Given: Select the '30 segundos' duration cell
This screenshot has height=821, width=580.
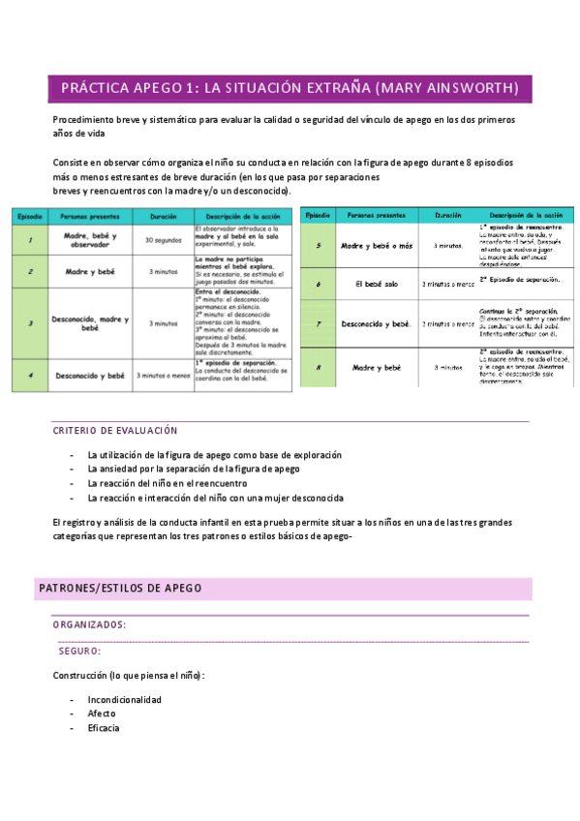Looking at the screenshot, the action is [163, 239].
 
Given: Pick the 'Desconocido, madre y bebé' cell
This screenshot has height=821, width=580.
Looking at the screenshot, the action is [90, 323].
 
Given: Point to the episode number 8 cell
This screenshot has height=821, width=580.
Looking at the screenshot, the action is [319, 368].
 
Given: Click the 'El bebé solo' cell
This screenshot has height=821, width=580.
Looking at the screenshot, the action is [377, 284].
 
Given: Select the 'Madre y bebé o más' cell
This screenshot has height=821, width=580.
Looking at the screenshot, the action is [377, 246].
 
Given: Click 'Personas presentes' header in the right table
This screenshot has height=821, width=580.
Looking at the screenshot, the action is [377, 214].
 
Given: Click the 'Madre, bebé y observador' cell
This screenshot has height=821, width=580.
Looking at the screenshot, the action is [90, 239].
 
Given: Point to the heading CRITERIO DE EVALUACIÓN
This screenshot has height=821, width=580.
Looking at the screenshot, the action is [115, 430].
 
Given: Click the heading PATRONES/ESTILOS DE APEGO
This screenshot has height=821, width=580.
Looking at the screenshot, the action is [119, 588].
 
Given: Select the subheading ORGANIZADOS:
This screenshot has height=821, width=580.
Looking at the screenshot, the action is [89, 625].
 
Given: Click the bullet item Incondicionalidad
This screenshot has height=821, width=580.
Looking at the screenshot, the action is [124, 699].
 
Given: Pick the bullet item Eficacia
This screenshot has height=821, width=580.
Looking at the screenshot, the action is [104, 728].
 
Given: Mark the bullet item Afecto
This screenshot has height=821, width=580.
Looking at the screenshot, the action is [102, 714].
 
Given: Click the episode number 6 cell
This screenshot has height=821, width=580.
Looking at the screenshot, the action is [319, 284].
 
